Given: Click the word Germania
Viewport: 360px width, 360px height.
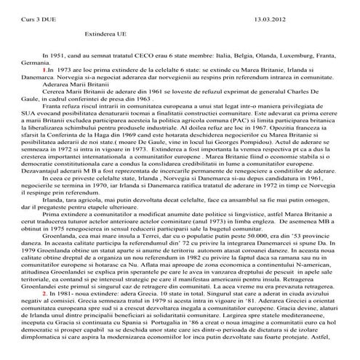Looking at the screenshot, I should coord(22,63).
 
